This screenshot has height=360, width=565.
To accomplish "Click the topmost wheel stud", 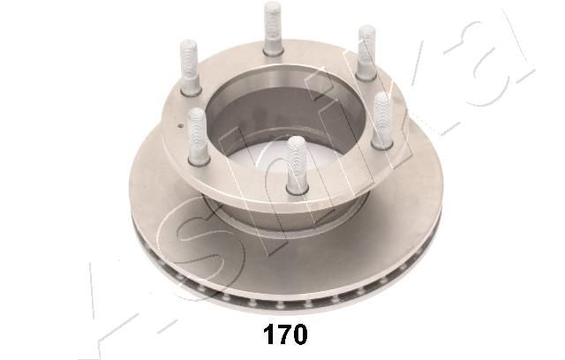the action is (273, 28).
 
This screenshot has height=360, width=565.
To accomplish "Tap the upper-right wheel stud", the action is (366, 53).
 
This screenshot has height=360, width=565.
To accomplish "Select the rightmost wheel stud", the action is (382, 121).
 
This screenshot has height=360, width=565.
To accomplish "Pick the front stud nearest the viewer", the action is (297, 165).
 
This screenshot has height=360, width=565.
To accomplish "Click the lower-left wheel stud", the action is (198, 137).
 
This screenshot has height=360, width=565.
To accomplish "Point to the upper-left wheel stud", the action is (189, 68).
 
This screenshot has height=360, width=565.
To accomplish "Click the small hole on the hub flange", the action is (180, 125).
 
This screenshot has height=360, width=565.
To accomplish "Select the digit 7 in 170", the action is (284, 334).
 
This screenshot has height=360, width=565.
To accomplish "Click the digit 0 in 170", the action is (300, 334).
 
